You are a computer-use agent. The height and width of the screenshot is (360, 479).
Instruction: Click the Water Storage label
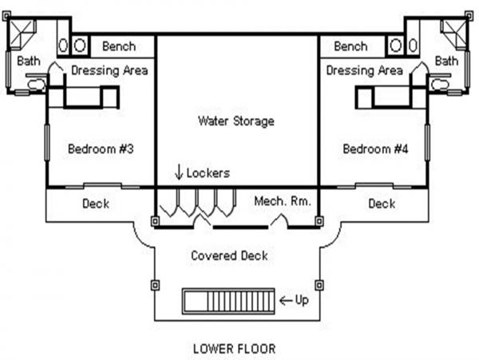[236, 121]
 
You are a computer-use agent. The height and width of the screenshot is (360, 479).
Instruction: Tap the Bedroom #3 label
[101, 149]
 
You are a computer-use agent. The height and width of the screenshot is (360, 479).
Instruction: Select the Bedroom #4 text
[375, 149]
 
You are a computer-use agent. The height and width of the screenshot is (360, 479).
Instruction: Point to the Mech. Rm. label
[283, 201]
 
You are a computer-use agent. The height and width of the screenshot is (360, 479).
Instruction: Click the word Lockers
[208, 173]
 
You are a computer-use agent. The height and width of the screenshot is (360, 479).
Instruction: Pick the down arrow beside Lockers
[179, 172]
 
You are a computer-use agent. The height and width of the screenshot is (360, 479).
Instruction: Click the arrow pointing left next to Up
[286, 301]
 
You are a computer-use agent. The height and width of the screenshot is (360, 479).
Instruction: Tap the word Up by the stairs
[302, 300]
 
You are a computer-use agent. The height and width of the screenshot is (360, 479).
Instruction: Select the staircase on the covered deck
[228, 301]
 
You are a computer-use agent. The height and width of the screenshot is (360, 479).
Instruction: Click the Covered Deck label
[229, 255]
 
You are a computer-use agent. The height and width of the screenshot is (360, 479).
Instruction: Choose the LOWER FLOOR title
[234, 349]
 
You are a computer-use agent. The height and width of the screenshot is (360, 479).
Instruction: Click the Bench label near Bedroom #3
[119, 46]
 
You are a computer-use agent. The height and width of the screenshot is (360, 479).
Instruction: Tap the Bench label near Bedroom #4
[350, 46]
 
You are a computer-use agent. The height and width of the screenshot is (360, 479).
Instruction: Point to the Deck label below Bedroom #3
[96, 204]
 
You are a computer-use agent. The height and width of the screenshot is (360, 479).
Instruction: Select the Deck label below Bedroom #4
[382, 204]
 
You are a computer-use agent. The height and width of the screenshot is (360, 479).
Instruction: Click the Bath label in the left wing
[29, 61]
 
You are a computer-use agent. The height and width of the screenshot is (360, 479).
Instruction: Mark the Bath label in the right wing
[446, 61]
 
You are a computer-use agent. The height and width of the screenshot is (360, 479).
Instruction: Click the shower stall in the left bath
[22, 34]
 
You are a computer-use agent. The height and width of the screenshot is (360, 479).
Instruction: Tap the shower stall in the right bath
[454, 34]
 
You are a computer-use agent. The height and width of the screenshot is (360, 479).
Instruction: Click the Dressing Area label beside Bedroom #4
[365, 71]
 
